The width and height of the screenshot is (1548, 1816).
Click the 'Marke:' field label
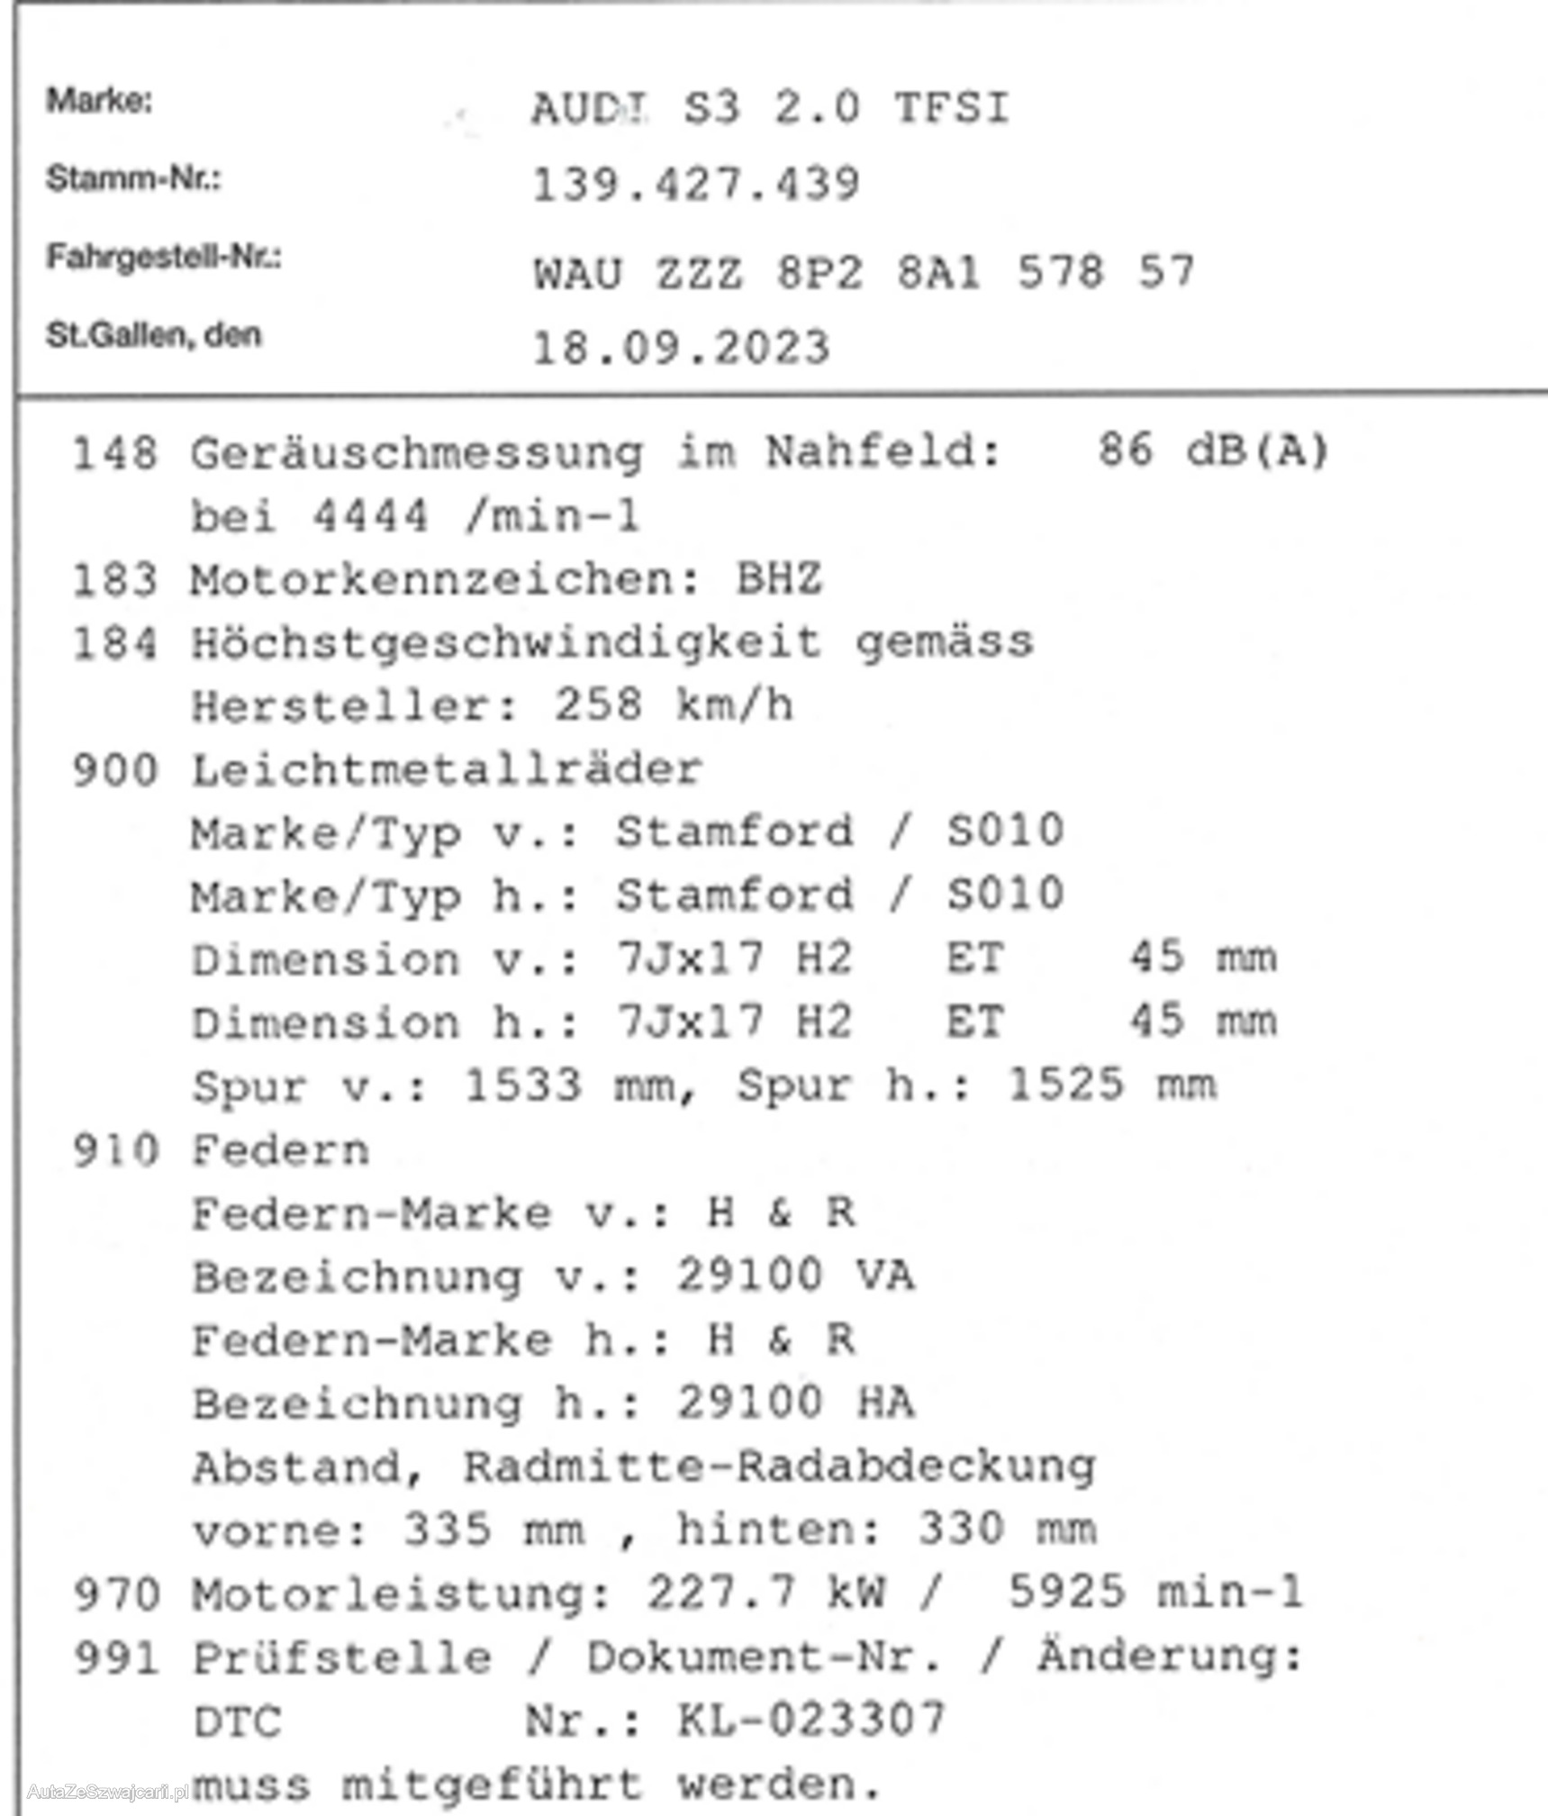[99, 100]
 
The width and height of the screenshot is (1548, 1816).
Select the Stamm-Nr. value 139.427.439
[696, 186]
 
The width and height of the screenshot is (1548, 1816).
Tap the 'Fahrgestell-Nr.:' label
[163, 258]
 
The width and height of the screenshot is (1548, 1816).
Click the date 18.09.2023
[681, 348]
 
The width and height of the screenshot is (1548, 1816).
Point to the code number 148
[114, 453]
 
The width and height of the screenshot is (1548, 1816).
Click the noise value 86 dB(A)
[1212, 450]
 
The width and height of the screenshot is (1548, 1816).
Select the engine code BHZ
[779, 579]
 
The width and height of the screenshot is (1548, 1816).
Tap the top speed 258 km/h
[673, 705]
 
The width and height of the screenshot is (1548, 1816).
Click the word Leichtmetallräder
[447, 770]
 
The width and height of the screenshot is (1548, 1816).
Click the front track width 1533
[522, 1085]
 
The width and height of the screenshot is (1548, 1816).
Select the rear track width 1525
[1065, 1085]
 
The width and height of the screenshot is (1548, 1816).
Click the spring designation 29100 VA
[795, 1276]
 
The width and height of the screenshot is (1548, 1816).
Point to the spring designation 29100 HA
[795, 1403]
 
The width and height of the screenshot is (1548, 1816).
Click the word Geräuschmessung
[417, 453]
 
